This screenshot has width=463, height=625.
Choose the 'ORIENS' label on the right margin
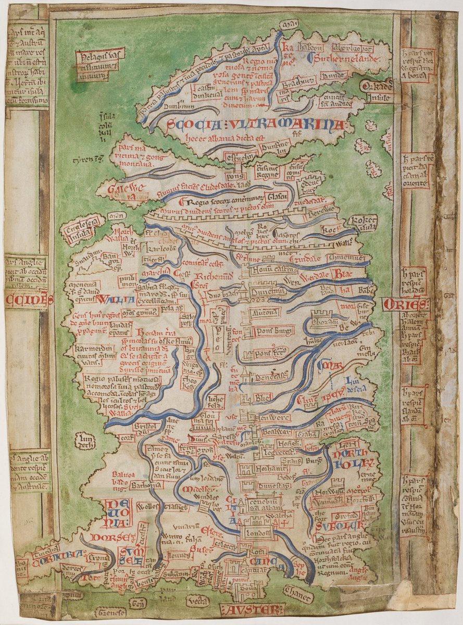[x=406, y=304]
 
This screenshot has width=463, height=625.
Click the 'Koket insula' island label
[x=361, y=222]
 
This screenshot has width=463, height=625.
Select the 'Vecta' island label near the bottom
[x=198, y=600]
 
